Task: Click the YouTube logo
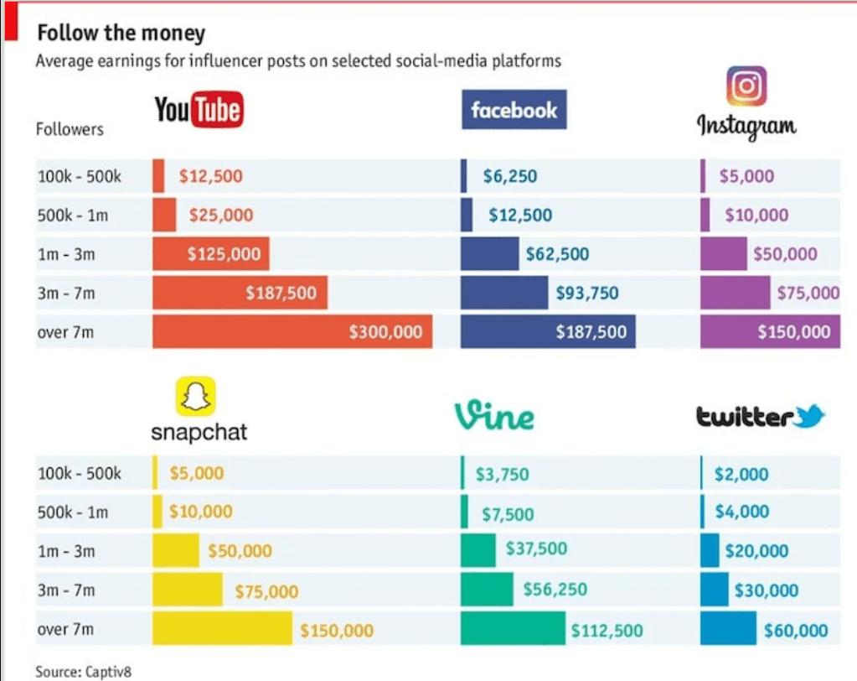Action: [x=199, y=110]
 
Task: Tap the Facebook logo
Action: [x=514, y=110]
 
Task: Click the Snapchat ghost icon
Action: [x=195, y=397]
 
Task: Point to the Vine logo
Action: [x=494, y=415]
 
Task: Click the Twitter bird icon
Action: [x=809, y=414]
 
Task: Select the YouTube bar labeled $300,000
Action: [x=292, y=332]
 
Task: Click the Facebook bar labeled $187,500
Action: [x=548, y=332]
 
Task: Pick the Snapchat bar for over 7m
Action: [x=222, y=630]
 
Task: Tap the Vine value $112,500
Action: [x=607, y=631]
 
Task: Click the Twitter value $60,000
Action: [x=795, y=631]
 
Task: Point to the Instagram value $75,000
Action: [x=808, y=293]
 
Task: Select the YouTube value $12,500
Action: [x=210, y=176]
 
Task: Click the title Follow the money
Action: [x=121, y=34]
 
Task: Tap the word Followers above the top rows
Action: [x=70, y=130]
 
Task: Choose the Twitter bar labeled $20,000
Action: [x=710, y=550]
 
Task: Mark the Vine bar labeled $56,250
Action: [x=487, y=590]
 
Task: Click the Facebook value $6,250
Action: [x=509, y=176]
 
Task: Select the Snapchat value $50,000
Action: [x=240, y=551]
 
